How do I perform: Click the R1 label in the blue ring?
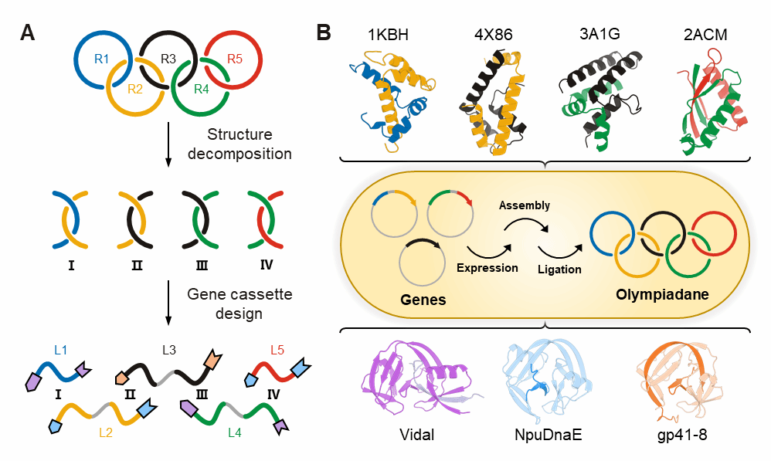101,59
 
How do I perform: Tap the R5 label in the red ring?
235,59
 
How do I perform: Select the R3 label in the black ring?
168,59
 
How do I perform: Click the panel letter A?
28,33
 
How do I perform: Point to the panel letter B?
324,33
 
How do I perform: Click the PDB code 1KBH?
388,35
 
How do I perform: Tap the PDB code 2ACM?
705,35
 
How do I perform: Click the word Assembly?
524,205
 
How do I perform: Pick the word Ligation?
559,269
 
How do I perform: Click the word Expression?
487,268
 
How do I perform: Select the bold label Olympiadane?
662,294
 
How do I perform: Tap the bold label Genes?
423,300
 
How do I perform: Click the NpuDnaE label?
549,435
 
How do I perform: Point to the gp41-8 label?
682,435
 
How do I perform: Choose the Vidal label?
416,435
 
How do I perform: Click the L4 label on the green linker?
235,432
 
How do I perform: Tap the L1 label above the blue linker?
60,350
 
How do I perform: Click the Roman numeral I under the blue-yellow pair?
71,266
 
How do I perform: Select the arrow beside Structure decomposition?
168,144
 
